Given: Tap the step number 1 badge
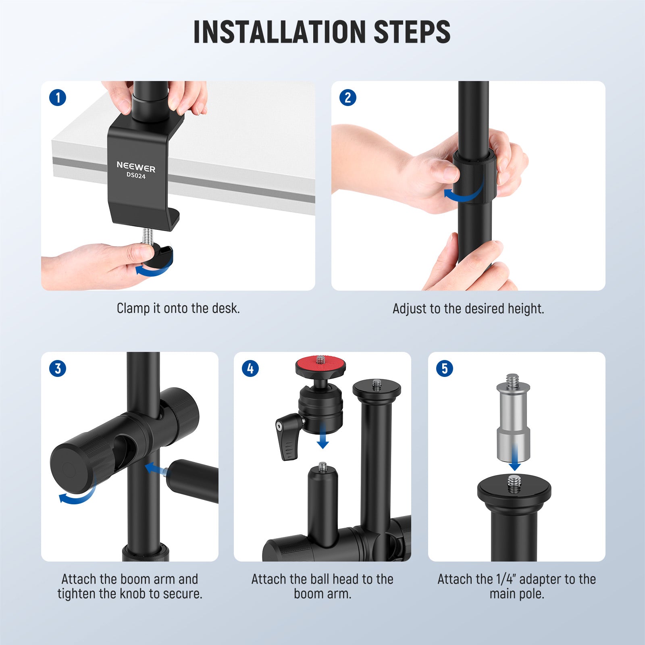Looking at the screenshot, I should [58, 98].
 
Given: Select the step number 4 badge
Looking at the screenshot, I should [250, 368].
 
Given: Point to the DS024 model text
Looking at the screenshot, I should [136, 176].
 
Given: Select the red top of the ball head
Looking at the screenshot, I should [320, 365].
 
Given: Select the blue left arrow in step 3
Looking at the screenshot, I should [155, 469].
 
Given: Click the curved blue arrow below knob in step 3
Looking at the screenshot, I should [77, 497].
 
